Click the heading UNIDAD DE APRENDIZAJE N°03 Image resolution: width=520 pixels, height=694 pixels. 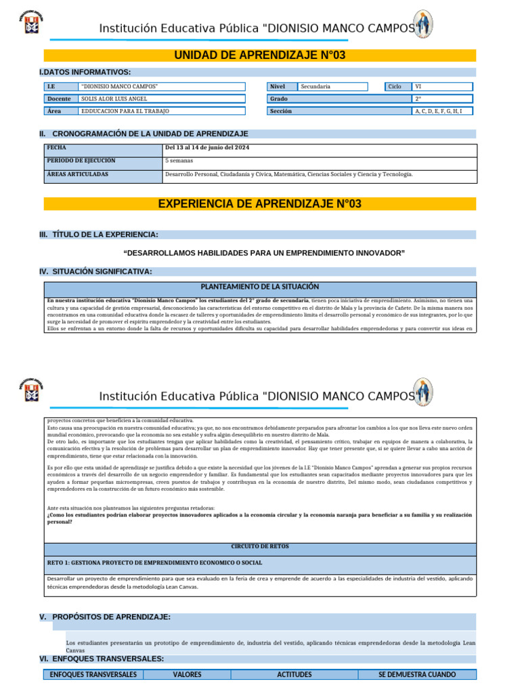pos(259,56)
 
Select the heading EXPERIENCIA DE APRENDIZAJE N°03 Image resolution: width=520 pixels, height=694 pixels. pos(259,203)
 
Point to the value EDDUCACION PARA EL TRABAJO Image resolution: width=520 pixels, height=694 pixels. pos(125,111)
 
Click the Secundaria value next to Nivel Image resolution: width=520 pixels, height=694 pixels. pos(316,87)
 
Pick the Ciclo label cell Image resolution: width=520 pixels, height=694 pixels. pos(395,87)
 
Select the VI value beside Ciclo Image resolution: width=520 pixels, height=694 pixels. pos(418,87)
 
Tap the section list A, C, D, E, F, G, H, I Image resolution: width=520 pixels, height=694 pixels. pos(439,111)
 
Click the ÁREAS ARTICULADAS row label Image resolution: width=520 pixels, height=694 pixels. pos(78,174)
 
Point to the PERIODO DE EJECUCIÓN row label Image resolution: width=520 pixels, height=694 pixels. pos(81,161)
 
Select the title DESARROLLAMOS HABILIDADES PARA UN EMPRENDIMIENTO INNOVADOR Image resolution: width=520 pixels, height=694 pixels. pos(265,253)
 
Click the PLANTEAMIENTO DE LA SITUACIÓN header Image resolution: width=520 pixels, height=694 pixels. pos(260,287)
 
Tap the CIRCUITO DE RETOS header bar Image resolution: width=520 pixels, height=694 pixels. pos(260,546)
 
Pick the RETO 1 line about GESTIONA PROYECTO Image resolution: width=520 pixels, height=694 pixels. pos(154,563)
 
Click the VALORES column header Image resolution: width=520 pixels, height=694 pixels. pos(188,674)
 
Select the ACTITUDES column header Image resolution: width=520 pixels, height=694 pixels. pos(295,674)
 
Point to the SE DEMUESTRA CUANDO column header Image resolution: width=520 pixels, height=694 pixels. pos(416,674)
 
